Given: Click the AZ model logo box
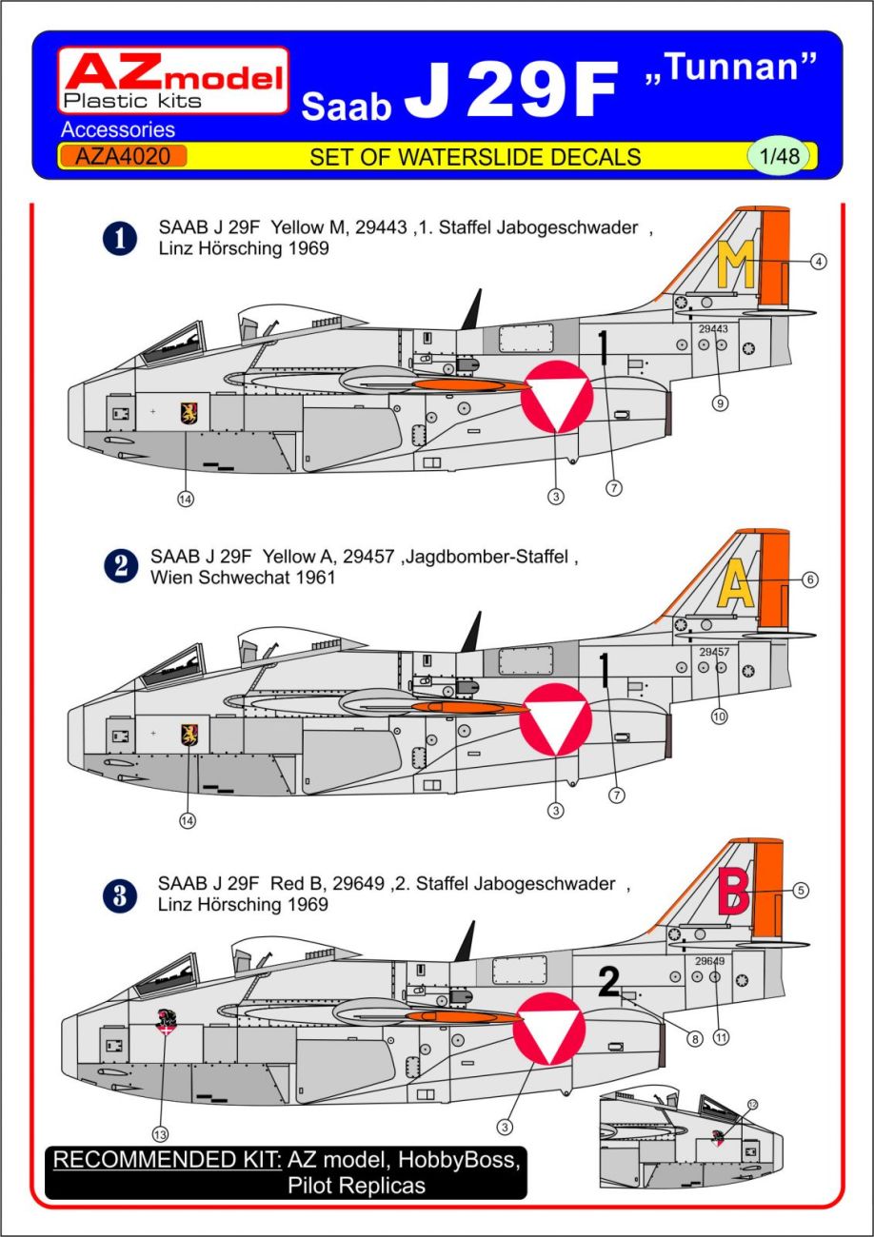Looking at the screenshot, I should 172,81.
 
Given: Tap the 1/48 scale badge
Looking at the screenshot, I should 779,156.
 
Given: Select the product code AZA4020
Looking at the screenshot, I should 122,156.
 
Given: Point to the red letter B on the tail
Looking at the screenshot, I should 737,892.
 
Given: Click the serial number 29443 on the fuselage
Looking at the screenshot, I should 713,329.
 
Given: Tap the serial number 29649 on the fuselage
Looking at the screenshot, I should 710,961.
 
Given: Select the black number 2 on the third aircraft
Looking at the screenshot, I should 608,982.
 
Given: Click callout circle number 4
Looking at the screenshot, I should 818,262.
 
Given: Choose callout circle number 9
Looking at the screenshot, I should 720,403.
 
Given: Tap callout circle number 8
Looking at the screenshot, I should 695,1039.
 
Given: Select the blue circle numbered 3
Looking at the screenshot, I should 121,895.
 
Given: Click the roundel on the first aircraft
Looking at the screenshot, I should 557,397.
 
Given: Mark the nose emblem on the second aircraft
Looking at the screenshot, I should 189,735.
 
